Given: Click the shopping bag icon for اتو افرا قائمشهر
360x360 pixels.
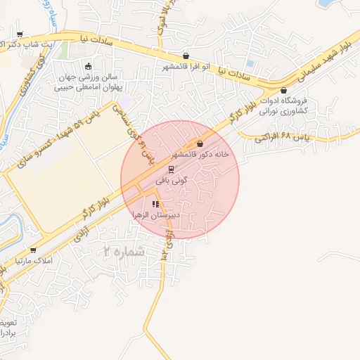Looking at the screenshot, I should pyautogui.click(x=186, y=56).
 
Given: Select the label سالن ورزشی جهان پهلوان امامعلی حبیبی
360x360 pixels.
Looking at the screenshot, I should pyautogui.click(x=88, y=82).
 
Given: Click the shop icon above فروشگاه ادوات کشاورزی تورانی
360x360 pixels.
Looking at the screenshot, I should pyautogui.click(x=283, y=91).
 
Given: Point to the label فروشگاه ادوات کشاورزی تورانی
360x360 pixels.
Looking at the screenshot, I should pyautogui.click(x=285, y=105).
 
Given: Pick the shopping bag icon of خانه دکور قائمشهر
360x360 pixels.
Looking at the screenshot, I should pyautogui.click(x=200, y=143).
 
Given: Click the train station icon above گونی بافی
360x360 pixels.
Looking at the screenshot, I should pyautogui.click(x=169, y=169).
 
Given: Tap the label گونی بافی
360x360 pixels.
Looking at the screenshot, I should pyautogui.click(x=169, y=181).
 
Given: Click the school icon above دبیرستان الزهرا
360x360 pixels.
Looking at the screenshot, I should pyautogui.click(x=155, y=204).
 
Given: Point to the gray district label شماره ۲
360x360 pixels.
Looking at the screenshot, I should pyautogui.click(x=124, y=251).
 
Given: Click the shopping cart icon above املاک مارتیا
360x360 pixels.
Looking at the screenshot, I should pyautogui.click(x=32, y=250).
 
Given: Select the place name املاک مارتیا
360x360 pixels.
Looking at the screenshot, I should pyautogui.click(x=26, y=262).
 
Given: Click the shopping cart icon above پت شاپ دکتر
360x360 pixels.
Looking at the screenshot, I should pyautogui.click(x=19, y=34).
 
